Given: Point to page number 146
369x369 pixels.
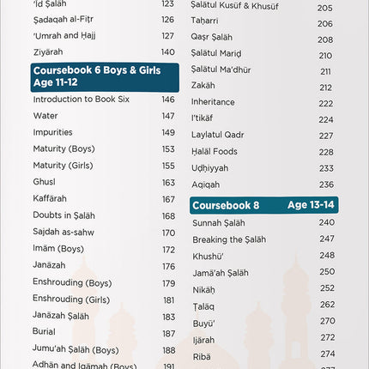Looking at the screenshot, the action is (x=168, y=100).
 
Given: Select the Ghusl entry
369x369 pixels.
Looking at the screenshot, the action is (x=45, y=183).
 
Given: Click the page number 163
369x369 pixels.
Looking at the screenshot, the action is (x=168, y=183).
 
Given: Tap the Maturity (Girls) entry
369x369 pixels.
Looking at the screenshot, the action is (x=64, y=166).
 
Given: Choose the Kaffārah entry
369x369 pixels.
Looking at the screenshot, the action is (x=50, y=199).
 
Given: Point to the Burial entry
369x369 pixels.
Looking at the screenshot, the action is (x=44, y=333).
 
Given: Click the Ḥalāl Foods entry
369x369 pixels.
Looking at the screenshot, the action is (x=215, y=152).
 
